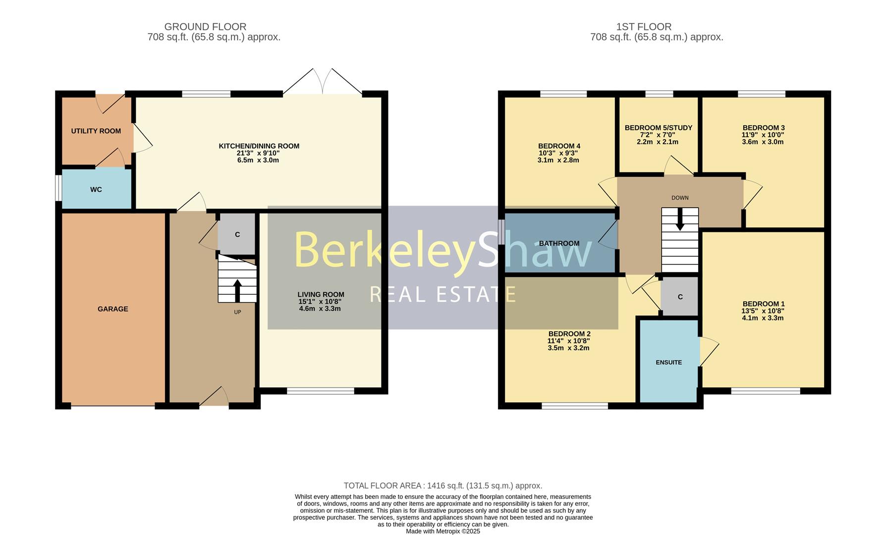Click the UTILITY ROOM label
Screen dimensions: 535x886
(96, 131)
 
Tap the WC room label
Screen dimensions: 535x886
(96, 190)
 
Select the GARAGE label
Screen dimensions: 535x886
(113, 309)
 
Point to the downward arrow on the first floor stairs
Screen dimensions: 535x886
(680, 219)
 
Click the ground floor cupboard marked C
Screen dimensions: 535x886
(237, 235)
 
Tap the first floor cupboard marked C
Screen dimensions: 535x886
(680, 297)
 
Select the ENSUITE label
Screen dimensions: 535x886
(668, 363)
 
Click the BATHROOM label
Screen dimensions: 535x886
(559, 244)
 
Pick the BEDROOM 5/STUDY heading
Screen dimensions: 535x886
(658, 128)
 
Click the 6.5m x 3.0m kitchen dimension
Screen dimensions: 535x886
(258, 160)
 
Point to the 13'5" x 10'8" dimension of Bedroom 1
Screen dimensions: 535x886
(763, 311)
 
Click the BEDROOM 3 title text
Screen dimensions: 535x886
(763, 128)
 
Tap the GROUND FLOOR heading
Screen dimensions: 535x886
(205, 27)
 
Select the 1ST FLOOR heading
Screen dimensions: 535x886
(644, 27)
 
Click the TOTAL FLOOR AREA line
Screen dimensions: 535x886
(443, 486)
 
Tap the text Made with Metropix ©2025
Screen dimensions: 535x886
(443, 531)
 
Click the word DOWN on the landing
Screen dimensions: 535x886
(680, 198)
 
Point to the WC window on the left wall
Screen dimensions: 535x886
(58, 188)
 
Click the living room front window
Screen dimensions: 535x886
(321, 391)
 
